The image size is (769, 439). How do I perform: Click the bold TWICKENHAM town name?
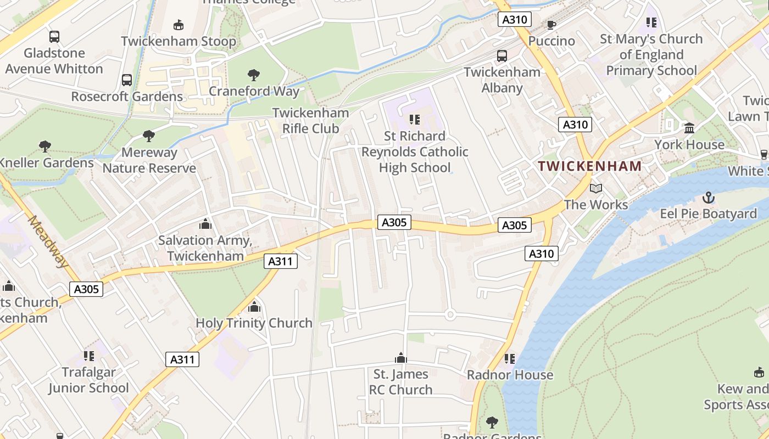(x=590, y=166)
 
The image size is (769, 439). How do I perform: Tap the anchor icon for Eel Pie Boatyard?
(x=709, y=198)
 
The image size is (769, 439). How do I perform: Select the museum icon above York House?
(x=689, y=128)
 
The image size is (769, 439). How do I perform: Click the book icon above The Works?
(x=596, y=189)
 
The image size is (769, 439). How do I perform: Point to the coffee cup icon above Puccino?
(x=551, y=25)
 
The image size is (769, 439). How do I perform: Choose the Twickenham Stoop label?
(x=179, y=41)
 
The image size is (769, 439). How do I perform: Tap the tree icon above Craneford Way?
(x=253, y=75)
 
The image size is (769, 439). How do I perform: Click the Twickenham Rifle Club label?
(x=310, y=120)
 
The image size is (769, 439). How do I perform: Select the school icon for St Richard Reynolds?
(x=415, y=119)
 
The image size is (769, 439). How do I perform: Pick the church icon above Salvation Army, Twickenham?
(x=205, y=224)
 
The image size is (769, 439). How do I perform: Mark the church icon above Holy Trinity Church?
(x=254, y=307)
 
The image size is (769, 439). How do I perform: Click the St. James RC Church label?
(x=401, y=382)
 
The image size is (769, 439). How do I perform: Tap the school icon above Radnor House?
(x=510, y=359)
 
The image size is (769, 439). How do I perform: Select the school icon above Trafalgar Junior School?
(x=88, y=356)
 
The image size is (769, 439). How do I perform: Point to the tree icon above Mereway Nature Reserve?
(x=148, y=136)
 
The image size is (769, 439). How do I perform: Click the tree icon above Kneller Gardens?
(x=45, y=147)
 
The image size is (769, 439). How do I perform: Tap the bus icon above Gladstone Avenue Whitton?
(x=54, y=37)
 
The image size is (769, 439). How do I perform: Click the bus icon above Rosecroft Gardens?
(x=127, y=80)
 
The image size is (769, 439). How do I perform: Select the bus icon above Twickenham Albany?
(x=502, y=55)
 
